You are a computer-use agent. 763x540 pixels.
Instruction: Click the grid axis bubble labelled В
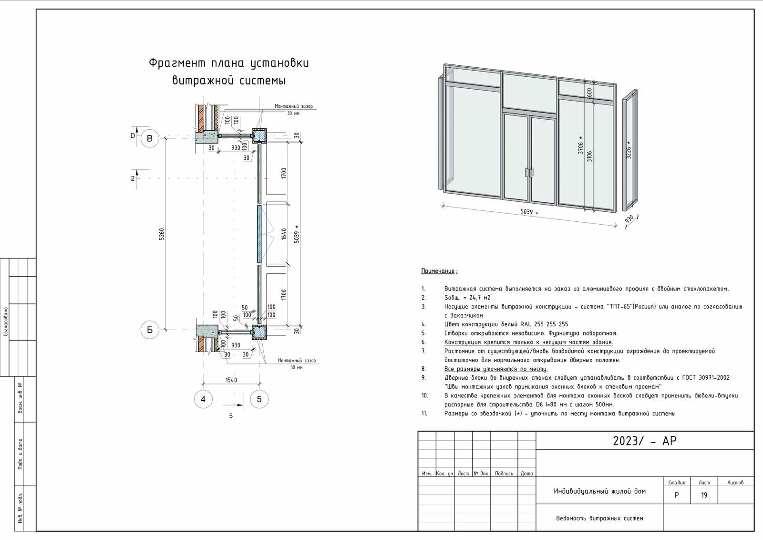point(150,138)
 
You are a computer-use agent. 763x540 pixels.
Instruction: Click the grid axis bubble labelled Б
point(150,330)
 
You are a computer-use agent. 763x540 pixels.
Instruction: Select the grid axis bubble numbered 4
point(203,399)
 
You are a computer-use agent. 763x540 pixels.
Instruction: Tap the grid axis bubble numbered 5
point(259,399)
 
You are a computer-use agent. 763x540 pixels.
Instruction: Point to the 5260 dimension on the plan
point(161,234)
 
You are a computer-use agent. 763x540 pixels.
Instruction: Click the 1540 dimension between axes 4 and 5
point(231,380)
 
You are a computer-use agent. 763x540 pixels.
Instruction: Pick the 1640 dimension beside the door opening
point(284,234)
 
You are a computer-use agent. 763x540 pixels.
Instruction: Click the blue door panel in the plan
point(259,234)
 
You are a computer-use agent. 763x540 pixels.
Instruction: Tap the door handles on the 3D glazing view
point(528,173)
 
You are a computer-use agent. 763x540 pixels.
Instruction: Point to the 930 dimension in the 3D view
point(629,218)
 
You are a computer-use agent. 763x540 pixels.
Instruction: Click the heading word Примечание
point(438,271)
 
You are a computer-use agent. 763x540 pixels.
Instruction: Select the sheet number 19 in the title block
point(704,495)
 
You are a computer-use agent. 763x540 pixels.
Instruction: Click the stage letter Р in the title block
point(677,495)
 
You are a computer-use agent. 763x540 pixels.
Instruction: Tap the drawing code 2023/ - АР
point(645,441)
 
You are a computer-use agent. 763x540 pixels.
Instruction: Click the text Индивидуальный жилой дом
point(599,491)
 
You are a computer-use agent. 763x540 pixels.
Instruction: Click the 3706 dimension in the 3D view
point(581,148)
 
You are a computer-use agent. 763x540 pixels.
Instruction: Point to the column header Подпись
point(504,473)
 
